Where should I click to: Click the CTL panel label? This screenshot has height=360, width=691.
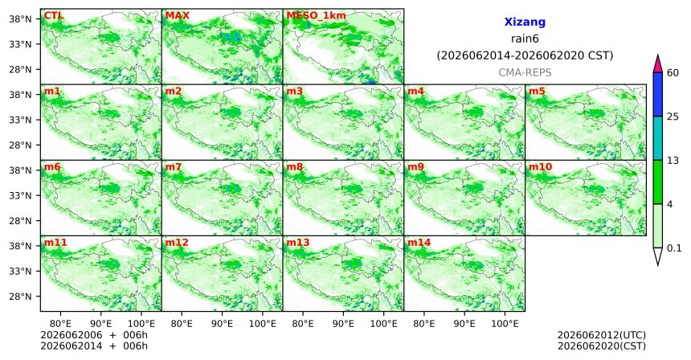point(53,16)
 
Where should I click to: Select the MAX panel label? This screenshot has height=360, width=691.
point(177,16)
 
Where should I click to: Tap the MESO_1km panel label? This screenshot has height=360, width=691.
point(316,16)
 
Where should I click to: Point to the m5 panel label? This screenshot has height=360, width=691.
point(537,92)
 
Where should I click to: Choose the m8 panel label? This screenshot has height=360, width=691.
point(294,167)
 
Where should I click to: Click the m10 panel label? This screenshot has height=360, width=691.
point(540,167)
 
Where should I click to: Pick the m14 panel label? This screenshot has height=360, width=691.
point(419,243)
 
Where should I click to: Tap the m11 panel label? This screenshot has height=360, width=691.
point(55,243)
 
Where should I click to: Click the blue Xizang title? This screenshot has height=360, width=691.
point(525,22)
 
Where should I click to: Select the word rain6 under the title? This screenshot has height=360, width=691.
point(525,39)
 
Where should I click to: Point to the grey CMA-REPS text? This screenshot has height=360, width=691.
point(525,72)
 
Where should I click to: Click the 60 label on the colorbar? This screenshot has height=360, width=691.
point(673,72)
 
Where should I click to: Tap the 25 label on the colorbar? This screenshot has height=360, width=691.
point(673,117)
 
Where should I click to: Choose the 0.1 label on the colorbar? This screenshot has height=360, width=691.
point(674,248)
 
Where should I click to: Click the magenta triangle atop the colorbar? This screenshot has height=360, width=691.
point(658,64)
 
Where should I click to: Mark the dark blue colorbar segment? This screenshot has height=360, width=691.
point(658,94)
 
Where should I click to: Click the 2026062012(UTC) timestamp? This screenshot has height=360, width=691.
point(602,336)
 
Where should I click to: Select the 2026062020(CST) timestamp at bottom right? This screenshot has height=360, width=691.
point(602,346)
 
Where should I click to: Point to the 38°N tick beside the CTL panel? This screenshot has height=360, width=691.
point(20,19)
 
